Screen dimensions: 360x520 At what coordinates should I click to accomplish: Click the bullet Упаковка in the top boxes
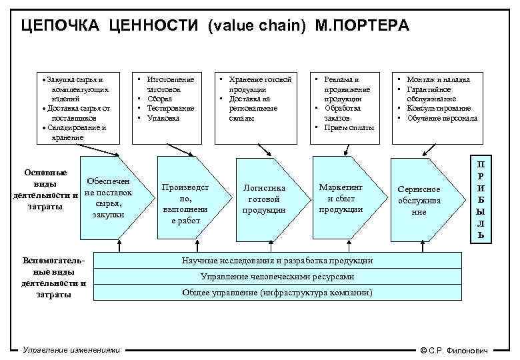(163, 118)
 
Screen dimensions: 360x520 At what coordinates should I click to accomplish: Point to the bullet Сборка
(159, 99)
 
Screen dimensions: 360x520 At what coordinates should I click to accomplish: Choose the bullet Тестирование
(170, 108)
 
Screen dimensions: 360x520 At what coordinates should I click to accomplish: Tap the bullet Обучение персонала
(442, 118)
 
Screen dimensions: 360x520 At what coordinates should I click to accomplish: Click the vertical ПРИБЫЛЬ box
(481, 199)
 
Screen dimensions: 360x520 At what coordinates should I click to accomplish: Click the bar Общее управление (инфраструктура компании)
(277, 293)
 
